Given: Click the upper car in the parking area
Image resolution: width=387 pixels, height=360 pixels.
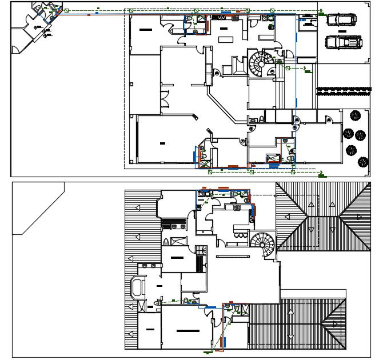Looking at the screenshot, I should tap(341, 19).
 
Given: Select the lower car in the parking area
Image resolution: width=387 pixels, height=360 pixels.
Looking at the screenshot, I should tap(343, 42).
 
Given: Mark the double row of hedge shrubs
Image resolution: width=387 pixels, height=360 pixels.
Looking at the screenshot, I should tap(344, 90).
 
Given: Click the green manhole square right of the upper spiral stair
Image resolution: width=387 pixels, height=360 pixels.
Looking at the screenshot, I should tap(288, 68).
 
